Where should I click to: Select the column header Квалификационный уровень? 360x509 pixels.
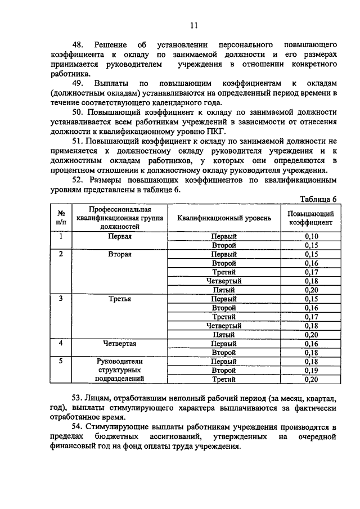click(x=224, y=218)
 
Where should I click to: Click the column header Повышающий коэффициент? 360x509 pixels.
click(x=311, y=218)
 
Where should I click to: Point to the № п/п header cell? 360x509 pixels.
click(x=61, y=218)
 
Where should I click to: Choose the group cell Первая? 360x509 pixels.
click(x=120, y=236)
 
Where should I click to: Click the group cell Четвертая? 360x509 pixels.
click(x=120, y=343)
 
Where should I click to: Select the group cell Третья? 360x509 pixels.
click(x=120, y=299)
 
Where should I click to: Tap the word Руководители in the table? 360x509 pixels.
click(x=120, y=361)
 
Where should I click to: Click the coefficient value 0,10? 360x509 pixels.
click(x=311, y=236)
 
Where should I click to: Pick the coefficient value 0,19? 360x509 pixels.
click(x=311, y=370)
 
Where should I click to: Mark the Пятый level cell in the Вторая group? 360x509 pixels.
click(x=224, y=290)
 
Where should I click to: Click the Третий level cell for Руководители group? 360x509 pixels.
click(x=224, y=379)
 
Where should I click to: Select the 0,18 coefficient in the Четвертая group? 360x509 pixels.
click(x=311, y=352)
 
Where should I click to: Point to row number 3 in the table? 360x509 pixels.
click(x=61, y=299)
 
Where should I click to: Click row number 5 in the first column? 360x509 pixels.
click(x=61, y=361)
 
